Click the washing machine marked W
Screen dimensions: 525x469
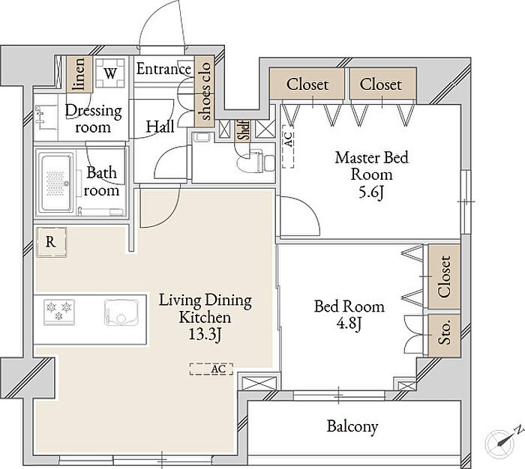pos(110,73)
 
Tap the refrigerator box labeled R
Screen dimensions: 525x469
pos(51,242)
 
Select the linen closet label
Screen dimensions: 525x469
pos(79,74)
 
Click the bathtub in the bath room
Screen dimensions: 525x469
pos(56,182)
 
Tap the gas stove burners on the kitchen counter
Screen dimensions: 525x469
pos(59,312)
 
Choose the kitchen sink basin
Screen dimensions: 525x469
pos(121,312)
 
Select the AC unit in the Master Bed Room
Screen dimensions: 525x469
pos(288,147)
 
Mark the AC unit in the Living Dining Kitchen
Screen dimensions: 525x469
pos(211,369)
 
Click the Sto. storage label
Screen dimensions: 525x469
pos(445,332)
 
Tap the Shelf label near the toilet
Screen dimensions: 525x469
pos(244,130)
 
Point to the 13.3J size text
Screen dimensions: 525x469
pos(205,334)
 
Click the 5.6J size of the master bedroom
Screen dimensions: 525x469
pos(371,193)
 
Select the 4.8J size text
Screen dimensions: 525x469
pos(349,324)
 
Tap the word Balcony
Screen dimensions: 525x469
pos(352,426)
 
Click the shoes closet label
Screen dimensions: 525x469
pos(205,91)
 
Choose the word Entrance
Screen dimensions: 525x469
pos(163,69)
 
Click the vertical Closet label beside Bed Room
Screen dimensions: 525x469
pos(444,277)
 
